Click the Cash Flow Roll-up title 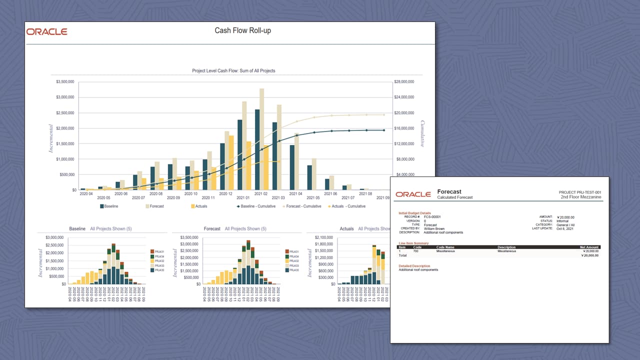tap(242, 31)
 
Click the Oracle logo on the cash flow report tap(46, 31)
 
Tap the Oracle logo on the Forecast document tap(413, 194)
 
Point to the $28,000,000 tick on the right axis tap(403, 81)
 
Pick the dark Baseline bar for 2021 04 tap(292, 167)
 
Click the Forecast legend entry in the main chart tap(154, 206)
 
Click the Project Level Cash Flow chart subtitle tap(233, 71)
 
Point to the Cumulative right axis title tap(422, 133)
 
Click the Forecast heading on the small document tap(449, 191)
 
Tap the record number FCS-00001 tap(432, 217)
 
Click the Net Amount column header tap(588, 247)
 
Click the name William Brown tap(434, 228)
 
